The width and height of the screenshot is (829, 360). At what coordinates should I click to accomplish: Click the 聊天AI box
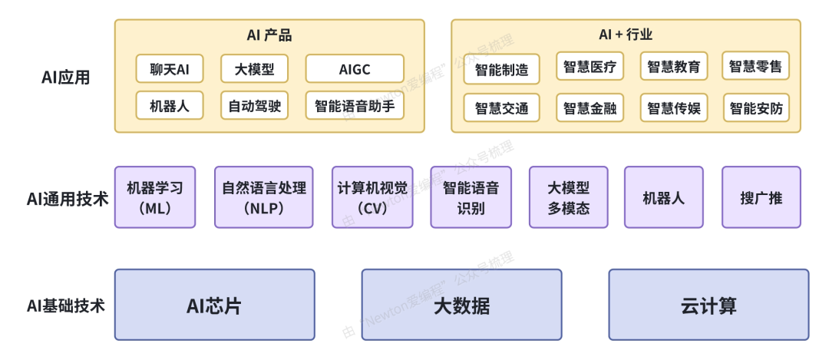pos(170,69)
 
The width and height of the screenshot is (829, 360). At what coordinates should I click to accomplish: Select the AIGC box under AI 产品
pos(355,69)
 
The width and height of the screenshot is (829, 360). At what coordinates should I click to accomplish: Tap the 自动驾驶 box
pos(255,106)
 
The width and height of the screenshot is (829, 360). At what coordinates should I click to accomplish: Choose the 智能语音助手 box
pos(355,106)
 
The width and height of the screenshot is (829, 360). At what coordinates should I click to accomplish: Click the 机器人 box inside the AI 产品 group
pos(170,106)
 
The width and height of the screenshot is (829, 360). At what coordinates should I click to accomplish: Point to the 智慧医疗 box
pos(590,66)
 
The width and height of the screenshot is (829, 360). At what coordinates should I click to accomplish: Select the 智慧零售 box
pos(756,66)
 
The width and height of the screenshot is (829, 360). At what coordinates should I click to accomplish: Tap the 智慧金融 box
pos(590,107)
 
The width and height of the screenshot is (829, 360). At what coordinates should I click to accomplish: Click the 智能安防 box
pos(756,107)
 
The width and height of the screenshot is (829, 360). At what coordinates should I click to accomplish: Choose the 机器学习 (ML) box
pos(155,197)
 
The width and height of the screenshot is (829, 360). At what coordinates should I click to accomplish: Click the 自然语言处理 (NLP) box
pos(264,197)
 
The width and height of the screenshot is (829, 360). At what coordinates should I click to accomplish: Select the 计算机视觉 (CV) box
pos(372,197)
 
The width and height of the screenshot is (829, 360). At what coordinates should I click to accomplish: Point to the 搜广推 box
pos(761,197)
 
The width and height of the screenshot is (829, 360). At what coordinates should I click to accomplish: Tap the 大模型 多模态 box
pos(569,197)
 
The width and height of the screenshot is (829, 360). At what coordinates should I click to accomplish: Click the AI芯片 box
pos(214,305)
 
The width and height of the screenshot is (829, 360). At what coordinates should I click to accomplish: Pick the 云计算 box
pos(708,305)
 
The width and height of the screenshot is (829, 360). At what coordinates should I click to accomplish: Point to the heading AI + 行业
pos(626,35)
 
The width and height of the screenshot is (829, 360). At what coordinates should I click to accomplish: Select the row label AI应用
pos(66,78)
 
